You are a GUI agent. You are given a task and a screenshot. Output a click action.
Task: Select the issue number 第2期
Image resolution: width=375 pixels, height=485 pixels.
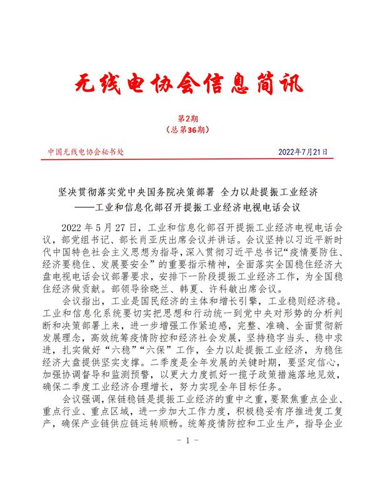pos(187,118)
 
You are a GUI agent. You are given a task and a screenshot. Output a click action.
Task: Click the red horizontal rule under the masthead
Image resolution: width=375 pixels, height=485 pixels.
pos(187,160)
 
